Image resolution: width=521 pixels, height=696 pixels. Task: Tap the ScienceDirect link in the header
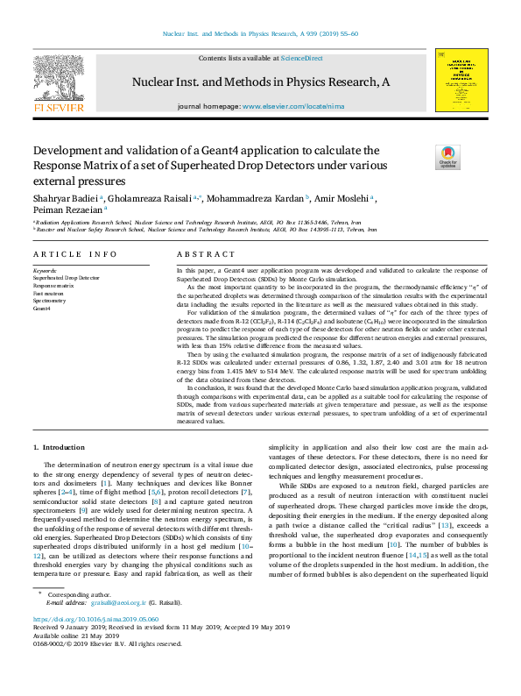tap(301, 59)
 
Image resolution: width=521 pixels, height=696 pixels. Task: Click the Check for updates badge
tap(447, 156)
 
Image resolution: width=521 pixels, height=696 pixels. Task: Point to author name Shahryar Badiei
tap(67, 198)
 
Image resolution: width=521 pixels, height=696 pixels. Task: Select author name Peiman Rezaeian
tap(68, 210)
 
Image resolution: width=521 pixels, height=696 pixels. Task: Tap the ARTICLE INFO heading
tap(75, 254)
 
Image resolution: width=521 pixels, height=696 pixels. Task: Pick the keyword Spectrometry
tap(52, 301)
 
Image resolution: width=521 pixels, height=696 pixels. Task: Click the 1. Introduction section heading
tap(59, 448)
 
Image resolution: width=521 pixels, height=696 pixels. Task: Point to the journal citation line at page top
tap(260, 34)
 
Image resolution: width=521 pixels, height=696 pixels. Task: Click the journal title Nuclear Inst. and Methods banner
tap(260, 82)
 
